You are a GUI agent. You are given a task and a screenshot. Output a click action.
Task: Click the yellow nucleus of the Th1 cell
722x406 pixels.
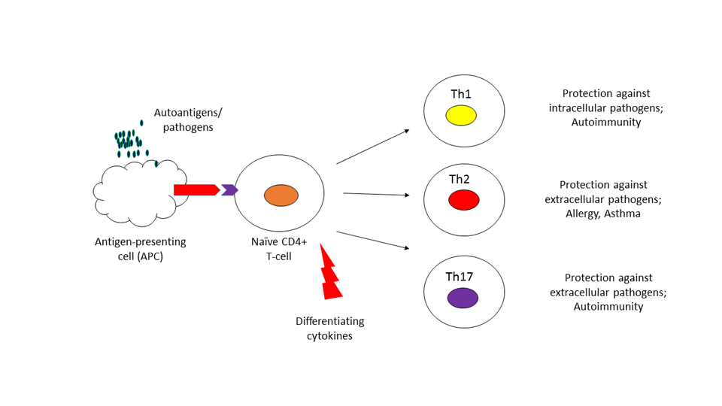click(460, 115)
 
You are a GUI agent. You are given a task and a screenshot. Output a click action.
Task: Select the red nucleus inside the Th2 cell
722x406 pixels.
click(464, 200)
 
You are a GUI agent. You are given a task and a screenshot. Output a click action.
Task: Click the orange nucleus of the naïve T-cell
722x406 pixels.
click(281, 196)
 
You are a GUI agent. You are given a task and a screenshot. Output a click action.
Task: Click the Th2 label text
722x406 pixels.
click(460, 179)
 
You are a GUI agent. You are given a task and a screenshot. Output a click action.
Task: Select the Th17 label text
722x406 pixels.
click(460, 277)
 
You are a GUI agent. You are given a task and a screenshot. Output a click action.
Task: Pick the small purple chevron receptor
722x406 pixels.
click(229, 189)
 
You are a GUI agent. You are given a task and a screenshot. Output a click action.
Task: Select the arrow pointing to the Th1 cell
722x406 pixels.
click(372, 146)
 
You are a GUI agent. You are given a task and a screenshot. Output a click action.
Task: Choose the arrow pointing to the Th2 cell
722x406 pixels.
click(376, 194)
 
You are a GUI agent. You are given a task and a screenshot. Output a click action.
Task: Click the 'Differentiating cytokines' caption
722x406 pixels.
click(329, 329)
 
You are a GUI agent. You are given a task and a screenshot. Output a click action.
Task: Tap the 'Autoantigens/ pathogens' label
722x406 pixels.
click(188, 120)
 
